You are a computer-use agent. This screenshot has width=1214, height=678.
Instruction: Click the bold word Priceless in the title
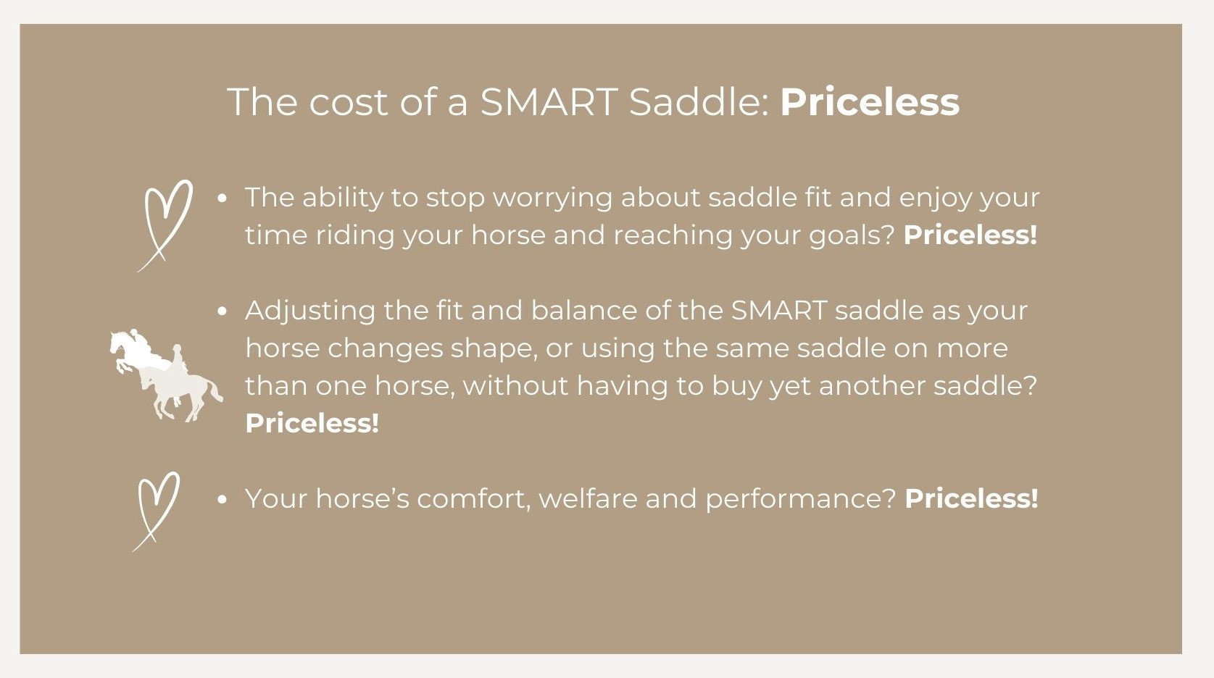[869, 102]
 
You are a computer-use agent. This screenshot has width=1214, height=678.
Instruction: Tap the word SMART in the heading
[549, 102]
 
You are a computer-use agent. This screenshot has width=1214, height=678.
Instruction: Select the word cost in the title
[349, 102]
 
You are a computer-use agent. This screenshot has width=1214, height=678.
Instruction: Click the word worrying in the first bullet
[553, 198]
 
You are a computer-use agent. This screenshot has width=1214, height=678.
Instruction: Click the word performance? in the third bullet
[801, 499]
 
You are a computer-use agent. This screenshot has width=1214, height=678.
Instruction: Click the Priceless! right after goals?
[970, 235]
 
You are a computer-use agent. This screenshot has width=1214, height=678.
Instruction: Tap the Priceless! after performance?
[971, 498]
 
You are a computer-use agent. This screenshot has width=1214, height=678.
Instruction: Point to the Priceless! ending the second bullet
[312, 424]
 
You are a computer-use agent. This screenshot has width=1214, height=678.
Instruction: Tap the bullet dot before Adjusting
[222, 311]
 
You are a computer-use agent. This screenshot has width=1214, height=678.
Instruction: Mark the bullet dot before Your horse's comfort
[222, 499]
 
